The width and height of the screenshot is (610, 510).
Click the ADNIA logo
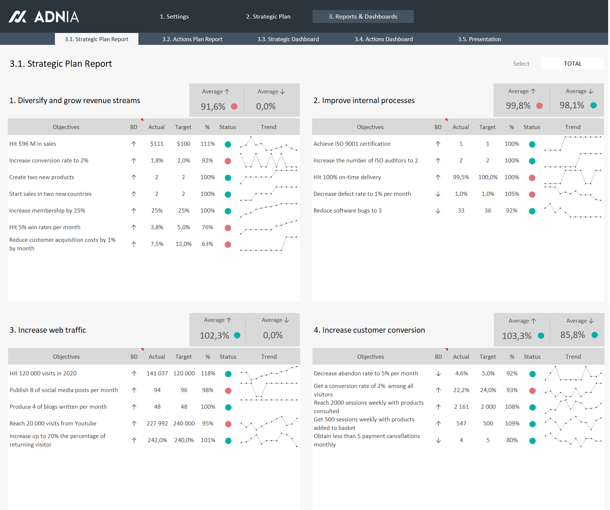tap(44, 17)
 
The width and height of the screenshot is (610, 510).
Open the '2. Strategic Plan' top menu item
tap(268, 17)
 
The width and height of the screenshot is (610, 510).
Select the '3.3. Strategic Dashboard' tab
tap(288, 39)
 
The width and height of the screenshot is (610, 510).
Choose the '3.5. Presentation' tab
tap(479, 39)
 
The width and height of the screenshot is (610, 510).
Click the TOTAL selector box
tap(572, 63)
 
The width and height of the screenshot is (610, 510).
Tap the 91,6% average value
tap(213, 107)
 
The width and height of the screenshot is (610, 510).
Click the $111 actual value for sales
tap(157, 144)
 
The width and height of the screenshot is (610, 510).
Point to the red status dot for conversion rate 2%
tap(228, 161)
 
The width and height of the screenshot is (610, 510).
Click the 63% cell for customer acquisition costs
tap(207, 244)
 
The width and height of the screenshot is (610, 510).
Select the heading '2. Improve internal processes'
tap(364, 101)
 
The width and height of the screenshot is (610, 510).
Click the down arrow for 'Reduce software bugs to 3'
tap(438, 211)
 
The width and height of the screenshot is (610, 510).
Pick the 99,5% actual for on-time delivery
tap(461, 177)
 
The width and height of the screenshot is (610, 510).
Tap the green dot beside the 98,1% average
tap(593, 105)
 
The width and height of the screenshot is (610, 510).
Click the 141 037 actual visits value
tap(157, 374)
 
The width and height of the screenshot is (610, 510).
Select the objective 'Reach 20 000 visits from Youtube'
tap(53, 424)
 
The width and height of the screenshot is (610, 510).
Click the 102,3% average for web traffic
tap(214, 336)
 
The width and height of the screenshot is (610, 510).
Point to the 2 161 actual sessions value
tap(461, 407)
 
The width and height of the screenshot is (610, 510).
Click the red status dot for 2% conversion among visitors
tap(532, 391)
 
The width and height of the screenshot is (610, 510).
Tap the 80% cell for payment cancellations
tap(512, 440)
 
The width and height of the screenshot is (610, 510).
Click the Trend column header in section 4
tap(573, 357)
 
